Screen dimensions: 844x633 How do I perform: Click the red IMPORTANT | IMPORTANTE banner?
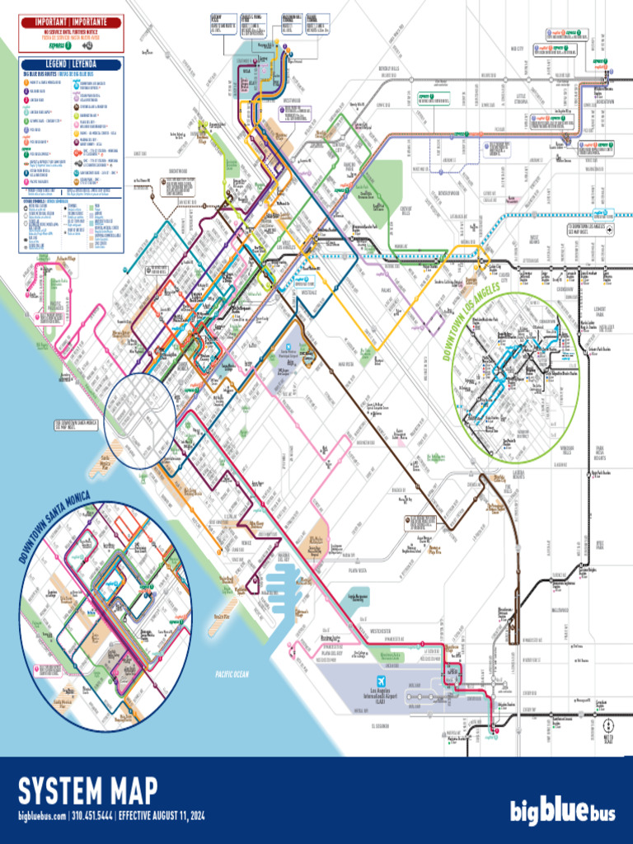70,22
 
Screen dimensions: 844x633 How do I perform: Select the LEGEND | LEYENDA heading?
71,65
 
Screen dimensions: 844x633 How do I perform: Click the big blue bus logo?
561,812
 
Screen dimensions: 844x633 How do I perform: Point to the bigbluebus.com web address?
42,816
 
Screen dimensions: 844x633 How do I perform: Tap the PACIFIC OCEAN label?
232,674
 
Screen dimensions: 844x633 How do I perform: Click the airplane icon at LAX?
381,682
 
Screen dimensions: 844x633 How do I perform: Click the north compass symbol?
608,728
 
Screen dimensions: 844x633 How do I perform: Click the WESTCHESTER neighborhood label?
387,631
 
